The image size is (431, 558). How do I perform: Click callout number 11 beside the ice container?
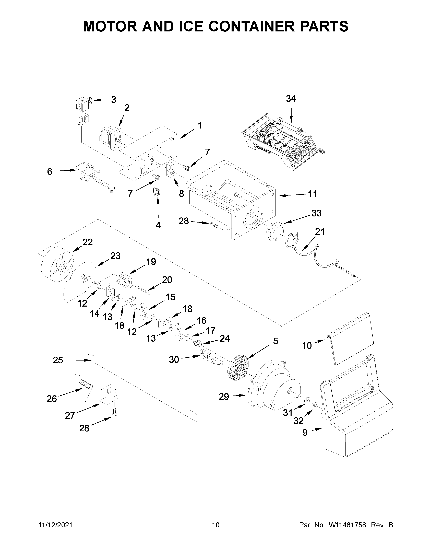312,194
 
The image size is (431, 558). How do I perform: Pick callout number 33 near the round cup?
316,213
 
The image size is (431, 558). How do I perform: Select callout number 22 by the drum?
88,242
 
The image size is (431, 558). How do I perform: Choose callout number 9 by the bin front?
305,433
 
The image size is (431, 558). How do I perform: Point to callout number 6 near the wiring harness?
50,172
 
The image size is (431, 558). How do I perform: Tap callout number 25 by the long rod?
58,360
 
